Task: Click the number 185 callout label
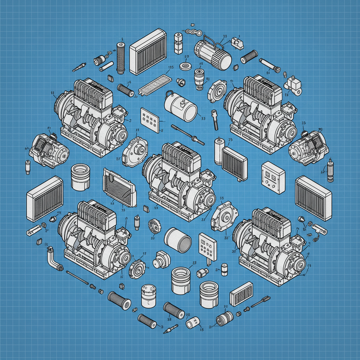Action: pyautogui.click(x=171, y=68)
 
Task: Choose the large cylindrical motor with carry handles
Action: pyautogui.click(x=213, y=54)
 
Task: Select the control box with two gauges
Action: pyautogui.click(x=273, y=177)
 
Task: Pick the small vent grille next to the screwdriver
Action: pyautogui.click(x=241, y=294)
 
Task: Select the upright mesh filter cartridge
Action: pyautogui.click(x=121, y=58)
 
